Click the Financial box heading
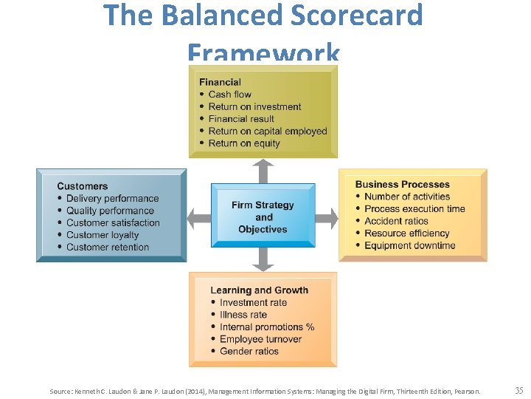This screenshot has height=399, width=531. (220, 82)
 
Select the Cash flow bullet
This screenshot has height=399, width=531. (229, 95)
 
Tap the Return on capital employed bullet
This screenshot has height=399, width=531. (267, 131)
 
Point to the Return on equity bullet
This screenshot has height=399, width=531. (244, 143)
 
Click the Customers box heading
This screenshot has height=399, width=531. (82, 186)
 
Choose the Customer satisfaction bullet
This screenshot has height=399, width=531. (113, 222)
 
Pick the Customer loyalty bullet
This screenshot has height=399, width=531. (103, 235)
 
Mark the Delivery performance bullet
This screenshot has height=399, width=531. (112, 198)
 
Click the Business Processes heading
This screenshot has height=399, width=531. (402, 184)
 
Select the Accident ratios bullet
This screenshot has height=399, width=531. (396, 221)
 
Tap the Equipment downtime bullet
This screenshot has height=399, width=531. (409, 245)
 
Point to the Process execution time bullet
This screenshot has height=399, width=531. (414, 208)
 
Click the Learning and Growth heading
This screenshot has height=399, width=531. (259, 290)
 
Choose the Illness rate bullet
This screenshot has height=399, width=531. (243, 315)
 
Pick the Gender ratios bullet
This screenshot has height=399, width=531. (249, 351)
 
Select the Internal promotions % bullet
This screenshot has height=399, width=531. (266, 327)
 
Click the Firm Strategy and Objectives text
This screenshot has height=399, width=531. (263, 217)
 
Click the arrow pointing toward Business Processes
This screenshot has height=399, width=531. (327, 217)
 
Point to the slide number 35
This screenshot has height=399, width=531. (519, 390)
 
